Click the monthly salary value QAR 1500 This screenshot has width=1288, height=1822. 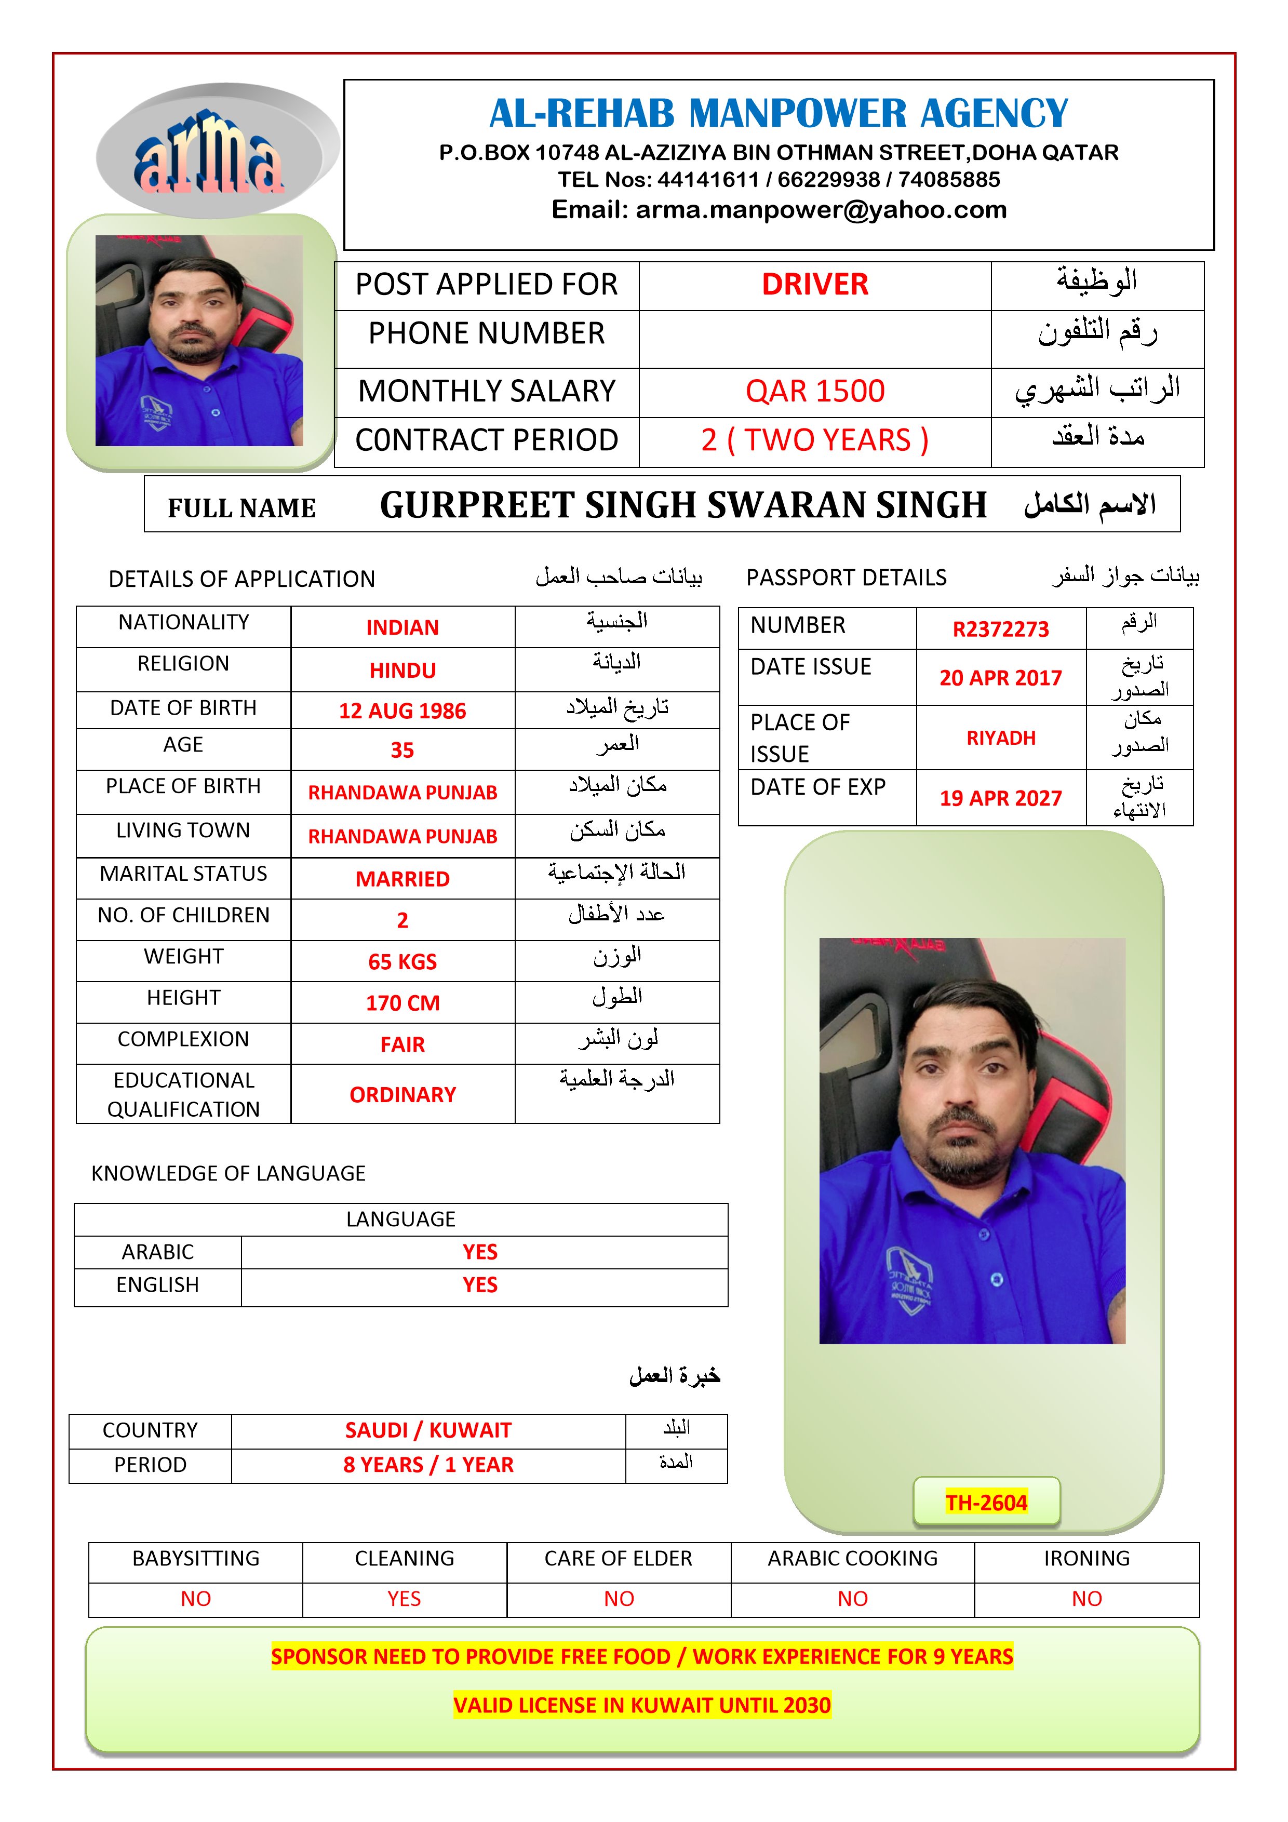[814, 391]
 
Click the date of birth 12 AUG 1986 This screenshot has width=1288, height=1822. [403, 711]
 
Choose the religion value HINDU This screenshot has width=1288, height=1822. [403, 671]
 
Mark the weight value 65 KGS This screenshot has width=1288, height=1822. [403, 962]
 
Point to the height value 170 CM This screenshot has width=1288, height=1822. [403, 1003]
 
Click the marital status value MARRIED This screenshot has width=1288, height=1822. [403, 879]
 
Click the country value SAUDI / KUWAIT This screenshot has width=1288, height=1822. [428, 1430]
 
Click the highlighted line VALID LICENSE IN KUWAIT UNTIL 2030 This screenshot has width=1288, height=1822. [641, 1705]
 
